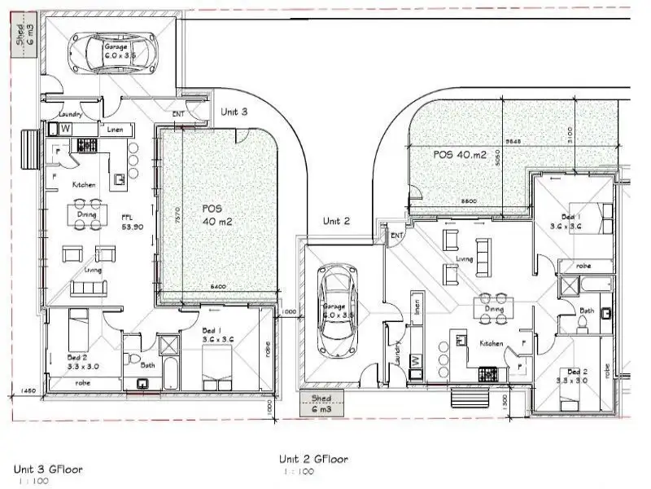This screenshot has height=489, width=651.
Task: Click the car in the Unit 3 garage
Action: point(115,51)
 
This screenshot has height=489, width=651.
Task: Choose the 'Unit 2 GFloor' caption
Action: point(314,460)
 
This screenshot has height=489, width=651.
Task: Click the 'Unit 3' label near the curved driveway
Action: point(234,112)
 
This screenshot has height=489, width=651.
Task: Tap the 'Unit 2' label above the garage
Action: point(336,221)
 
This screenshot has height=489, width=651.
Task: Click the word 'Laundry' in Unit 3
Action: point(61,116)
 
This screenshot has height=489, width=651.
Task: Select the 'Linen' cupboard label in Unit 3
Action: point(115,129)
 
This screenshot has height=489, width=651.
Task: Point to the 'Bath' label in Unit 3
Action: point(147,365)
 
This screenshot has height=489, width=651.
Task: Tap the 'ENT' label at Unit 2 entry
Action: point(397,236)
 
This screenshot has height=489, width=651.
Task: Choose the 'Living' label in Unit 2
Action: point(465,260)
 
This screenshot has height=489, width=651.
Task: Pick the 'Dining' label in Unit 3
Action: point(87,215)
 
